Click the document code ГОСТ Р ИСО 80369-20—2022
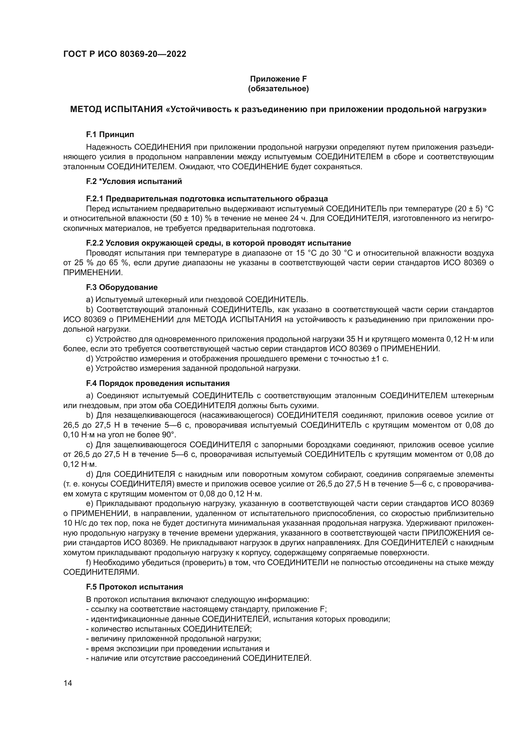[x=124, y=54]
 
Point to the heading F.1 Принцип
[x=110, y=135]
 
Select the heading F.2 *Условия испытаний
[x=134, y=181]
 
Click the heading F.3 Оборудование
[x=122, y=287]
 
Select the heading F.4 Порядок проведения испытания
[x=158, y=383]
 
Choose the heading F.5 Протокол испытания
[x=134, y=587]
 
